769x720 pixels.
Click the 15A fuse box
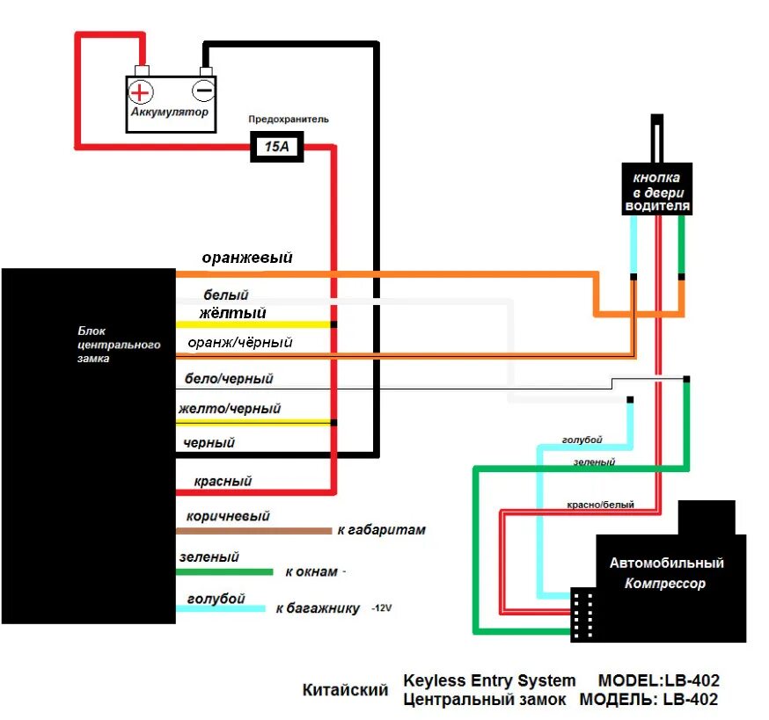pyautogui.click(x=276, y=146)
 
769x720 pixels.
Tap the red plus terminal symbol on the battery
pyautogui.click(x=140, y=92)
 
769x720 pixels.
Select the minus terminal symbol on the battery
pyautogui.click(x=202, y=91)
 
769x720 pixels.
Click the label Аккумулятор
pyautogui.click(x=169, y=112)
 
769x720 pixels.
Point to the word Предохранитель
pyautogui.click(x=289, y=119)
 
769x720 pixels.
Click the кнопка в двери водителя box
pyautogui.click(x=656, y=189)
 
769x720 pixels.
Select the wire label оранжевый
pyautogui.click(x=247, y=258)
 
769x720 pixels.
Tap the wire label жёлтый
pyautogui.click(x=232, y=313)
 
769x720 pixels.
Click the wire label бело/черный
pyautogui.click(x=229, y=378)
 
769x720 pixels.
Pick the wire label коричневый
pyautogui.click(x=228, y=516)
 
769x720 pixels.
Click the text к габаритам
pyautogui.click(x=382, y=530)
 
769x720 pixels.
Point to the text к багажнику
pyautogui.click(x=318, y=608)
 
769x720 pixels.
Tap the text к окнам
pyautogui.click(x=311, y=571)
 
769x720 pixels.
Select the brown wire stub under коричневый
pyautogui.click(x=254, y=531)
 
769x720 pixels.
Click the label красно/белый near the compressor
pyautogui.click(x=600, y=505)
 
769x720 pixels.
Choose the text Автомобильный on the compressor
pyautogui.click(x=667, y=563)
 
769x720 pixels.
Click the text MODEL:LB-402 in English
pyautogui.click(x=659, y=680)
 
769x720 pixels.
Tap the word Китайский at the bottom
pyautogui.click(x=345, y=689)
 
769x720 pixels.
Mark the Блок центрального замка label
pyautogui.click(x=119, y=345)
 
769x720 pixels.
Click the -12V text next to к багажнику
pyautogui.click(x=382, y=608)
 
